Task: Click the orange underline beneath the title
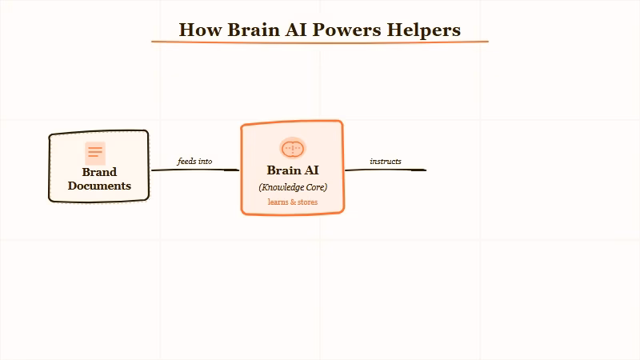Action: [320, 42]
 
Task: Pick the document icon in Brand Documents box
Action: [95, 153]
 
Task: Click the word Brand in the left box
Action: [99, 172]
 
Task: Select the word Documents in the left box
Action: [99, 186]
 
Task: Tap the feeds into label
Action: [194, 162]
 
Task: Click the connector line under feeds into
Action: [194, 170]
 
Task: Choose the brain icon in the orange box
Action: [293, 148]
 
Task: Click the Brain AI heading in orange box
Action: [293, 170]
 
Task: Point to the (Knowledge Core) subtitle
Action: [293, 187]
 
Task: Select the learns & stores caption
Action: [293, 202]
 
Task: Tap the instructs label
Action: [386, 162]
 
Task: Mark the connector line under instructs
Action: [386, 170]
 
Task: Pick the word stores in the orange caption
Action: [306, 202]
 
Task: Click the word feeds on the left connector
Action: [186, 162]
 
